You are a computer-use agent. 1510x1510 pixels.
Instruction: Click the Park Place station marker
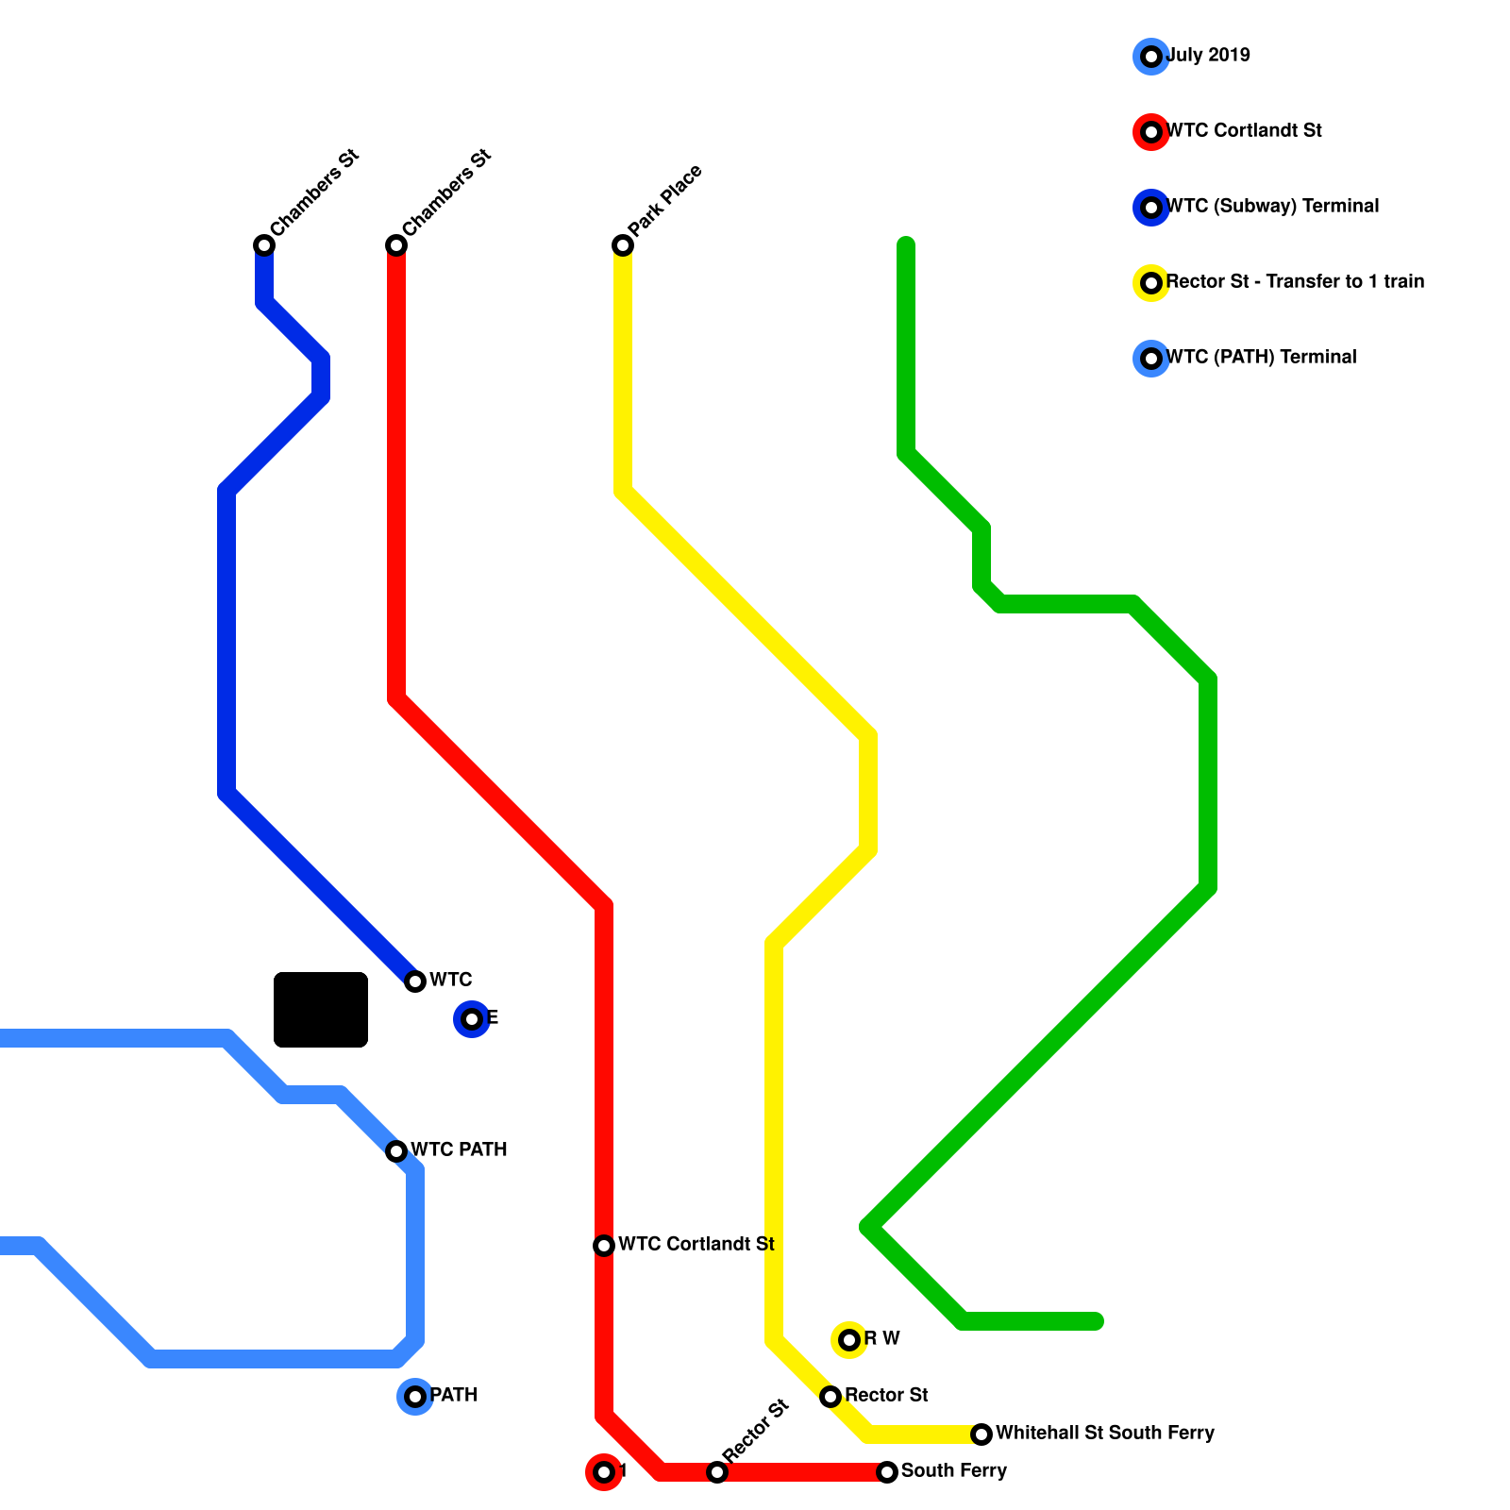point(623,245)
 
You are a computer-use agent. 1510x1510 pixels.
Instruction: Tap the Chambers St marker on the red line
point(396,245)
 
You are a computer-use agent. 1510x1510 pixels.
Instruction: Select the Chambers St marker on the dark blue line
point(264,245)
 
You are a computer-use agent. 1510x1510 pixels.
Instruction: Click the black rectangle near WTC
point(321,1010)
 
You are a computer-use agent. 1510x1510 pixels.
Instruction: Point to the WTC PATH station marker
point(396,1151)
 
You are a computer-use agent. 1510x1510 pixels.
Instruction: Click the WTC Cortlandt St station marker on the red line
point(604,1246)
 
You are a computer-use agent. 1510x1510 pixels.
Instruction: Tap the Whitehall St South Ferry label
point(1104,1433)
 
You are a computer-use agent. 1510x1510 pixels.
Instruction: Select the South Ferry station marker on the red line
point(887,1472)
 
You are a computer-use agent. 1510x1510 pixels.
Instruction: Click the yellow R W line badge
point(849,1340)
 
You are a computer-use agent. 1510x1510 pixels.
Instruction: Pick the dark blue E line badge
point(472,1019)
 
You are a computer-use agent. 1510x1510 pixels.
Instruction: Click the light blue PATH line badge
point(415,1397)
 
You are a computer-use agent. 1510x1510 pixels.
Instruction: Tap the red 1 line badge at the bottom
point(604,1472)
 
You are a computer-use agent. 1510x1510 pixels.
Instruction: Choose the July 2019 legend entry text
point(1208,55)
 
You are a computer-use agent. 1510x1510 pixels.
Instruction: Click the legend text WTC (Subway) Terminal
point(1272,206)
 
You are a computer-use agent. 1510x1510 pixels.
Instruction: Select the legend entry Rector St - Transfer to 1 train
point(1295,281)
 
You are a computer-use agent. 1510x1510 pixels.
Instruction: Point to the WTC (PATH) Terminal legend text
point(1261,357)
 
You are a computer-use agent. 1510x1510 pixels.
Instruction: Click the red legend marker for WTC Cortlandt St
point(1151,132)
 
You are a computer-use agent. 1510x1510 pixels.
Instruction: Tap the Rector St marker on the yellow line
point(830,1397)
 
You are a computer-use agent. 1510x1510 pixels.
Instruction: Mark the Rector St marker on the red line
point(717,1472)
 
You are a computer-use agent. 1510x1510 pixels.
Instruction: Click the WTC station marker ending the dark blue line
point(415,981)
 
